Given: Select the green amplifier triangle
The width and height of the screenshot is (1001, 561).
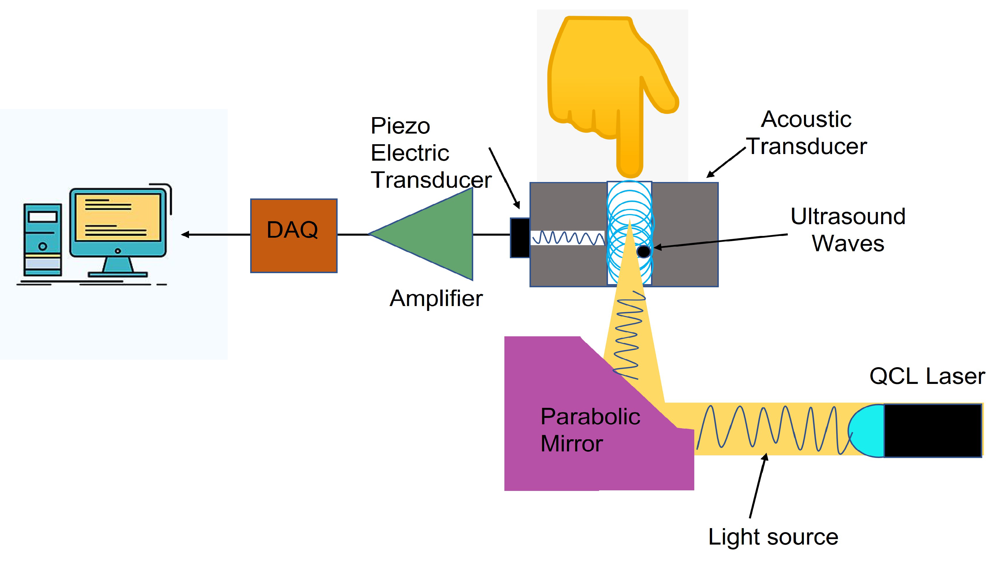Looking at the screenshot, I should (435, 234).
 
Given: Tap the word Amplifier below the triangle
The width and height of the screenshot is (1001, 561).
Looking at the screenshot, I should (436, 298).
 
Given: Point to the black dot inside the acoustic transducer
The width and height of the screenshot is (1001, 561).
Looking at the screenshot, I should (643, 251).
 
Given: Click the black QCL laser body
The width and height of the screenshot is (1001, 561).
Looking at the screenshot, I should (933, 430).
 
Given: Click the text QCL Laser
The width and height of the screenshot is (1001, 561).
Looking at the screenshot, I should (927, 376).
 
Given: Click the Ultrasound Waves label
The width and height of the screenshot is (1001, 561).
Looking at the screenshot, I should (848, 230).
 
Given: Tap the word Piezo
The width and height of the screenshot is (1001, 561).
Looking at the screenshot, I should (400, 126).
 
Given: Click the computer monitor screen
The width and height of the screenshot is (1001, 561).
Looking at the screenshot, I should (118, 217).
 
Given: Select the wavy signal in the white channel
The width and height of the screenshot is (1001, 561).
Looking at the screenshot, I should (567, 238).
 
